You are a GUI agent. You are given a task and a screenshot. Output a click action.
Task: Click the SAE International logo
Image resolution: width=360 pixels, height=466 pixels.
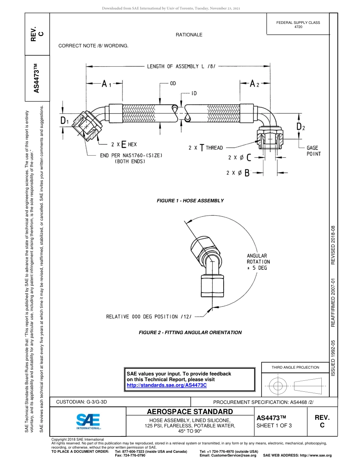(88, 421)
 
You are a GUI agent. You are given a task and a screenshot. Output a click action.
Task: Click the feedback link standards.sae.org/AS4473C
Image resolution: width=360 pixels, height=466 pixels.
(166, 385)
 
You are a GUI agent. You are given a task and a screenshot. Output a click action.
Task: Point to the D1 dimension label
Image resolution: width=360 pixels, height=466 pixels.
(65, 121)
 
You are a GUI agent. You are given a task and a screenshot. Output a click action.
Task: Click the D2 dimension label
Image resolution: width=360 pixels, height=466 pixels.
(301, 126)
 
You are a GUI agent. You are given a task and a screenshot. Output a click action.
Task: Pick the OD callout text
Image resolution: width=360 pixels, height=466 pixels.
(173, 83)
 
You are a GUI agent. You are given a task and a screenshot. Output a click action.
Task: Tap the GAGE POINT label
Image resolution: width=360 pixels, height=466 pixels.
(313, 151)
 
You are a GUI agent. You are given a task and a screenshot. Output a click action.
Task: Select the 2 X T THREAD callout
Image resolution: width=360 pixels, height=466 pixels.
(205, 148)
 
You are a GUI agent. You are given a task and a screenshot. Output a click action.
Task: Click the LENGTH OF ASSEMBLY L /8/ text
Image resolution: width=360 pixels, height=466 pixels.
(182, 66)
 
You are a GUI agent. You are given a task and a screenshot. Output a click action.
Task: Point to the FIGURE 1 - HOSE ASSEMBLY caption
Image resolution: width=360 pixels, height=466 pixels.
(190, 200)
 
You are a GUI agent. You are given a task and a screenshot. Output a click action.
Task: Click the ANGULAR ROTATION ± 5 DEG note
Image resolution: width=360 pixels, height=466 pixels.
(258, 262)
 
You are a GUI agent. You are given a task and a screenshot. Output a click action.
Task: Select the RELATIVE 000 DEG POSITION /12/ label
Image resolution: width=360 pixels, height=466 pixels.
(149, 316)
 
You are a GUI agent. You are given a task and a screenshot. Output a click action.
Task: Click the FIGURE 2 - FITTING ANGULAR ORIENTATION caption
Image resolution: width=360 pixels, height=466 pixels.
(190, 332)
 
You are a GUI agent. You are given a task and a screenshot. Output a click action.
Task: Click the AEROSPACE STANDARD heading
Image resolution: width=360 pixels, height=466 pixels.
(190, 411)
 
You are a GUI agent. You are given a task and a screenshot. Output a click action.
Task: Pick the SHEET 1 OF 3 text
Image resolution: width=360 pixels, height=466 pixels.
(274, 425)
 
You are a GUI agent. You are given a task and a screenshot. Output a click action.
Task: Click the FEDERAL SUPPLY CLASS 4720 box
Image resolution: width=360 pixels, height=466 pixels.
(298, 25)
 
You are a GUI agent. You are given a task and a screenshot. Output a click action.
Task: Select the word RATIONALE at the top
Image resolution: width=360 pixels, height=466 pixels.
(189, 35)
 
